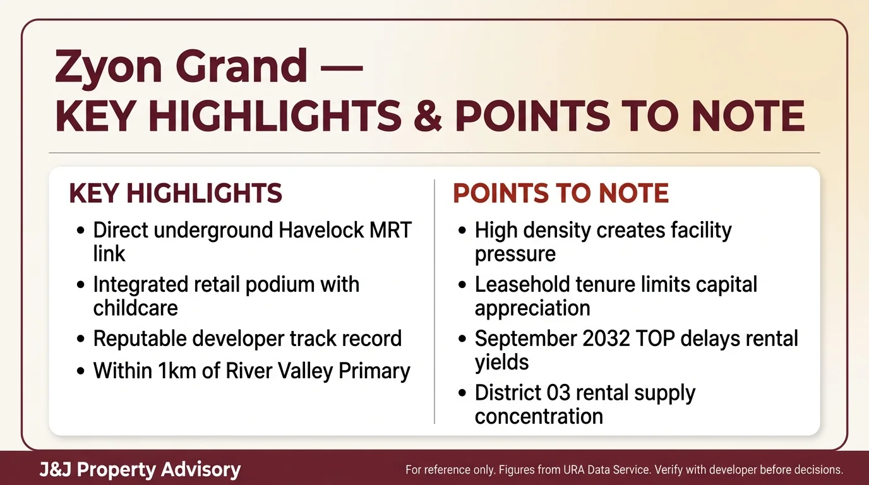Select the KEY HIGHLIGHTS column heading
176,194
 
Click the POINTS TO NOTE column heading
561,194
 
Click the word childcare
136,308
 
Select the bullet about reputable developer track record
247,338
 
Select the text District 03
520,393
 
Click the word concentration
539,417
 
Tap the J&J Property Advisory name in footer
140,470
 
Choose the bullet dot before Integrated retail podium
80,285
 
